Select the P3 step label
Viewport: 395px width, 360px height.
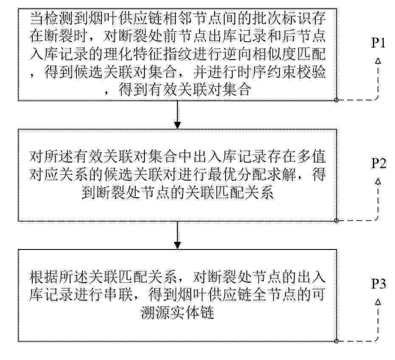[x=378, y=284]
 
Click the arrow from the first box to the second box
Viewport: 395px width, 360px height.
[x=178, y=115]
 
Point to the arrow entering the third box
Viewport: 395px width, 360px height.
[x=178, y=235]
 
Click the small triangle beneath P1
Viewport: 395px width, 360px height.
[x=378, y=61]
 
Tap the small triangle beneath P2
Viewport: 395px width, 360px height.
[x=378, y=181]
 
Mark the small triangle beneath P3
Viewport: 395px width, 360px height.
[x=378, y=302]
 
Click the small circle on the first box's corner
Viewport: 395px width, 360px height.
[x=336, y=100]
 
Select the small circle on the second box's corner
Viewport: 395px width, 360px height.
[x=336, y=221]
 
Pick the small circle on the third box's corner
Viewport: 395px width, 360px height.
[x=336, y=341]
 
